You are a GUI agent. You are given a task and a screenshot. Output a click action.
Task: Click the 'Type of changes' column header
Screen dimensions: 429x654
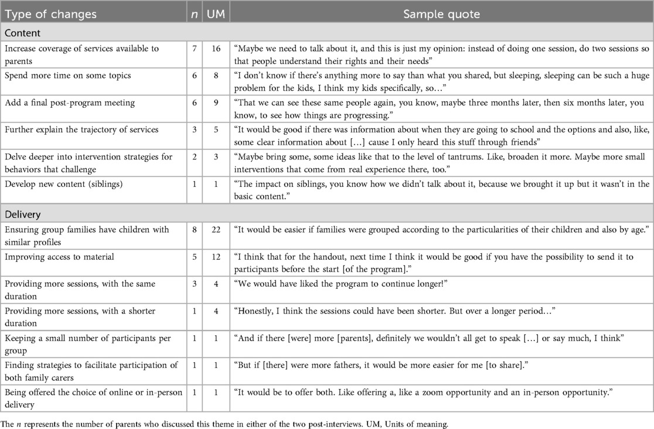click(50, 13)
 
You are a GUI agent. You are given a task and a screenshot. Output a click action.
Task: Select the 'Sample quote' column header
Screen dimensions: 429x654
click(441, 13)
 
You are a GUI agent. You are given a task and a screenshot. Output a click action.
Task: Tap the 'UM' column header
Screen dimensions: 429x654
click(216, 13)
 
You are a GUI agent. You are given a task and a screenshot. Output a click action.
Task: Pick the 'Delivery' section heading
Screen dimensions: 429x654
click(23, 214)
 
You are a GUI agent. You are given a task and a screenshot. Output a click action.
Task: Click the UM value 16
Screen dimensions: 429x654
click(216, 49)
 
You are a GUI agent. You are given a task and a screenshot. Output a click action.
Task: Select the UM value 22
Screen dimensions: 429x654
click(216, 229)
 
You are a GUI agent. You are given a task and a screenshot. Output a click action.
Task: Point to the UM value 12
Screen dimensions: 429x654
click(216, 257)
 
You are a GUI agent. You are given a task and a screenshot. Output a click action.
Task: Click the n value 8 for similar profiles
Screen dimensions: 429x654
click(195, 229)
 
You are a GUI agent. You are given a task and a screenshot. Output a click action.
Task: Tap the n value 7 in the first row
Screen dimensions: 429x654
click(195, 49)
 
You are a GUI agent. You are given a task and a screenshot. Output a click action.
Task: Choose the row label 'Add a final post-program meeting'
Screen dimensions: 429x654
click(70, 103)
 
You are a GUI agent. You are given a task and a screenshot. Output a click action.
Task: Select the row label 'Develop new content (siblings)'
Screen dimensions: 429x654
click(67, 185)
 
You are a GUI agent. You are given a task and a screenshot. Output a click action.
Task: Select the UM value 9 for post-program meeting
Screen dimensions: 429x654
click(216, 103)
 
